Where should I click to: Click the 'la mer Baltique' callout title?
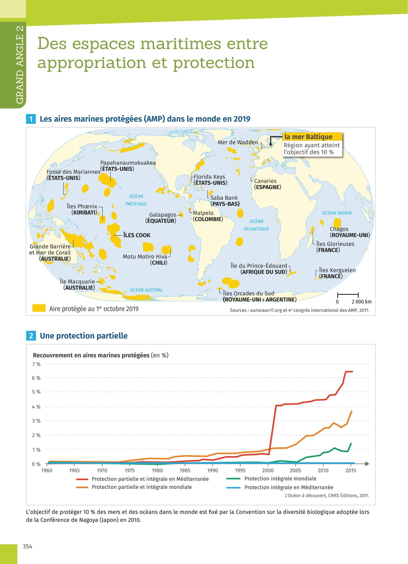pos(308,137)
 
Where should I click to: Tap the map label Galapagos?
pos(163,215)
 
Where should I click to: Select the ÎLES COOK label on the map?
pos(137,235)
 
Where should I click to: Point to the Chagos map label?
pos(339,229)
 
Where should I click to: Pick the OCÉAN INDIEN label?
pos(337,213)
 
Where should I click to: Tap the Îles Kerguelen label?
pos(337,270)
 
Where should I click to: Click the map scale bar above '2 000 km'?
pos(348,295)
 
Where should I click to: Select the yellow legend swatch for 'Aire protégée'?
pos(39,308)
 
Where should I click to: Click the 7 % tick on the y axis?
pos(36,364)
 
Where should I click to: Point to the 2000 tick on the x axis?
pos(268,471)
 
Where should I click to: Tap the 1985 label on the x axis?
pos(185,471)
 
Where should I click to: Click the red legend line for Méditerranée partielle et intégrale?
pos(82,479)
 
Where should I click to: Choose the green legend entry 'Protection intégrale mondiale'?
pos(280,479)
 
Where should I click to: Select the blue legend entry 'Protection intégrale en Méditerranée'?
pos(289,487)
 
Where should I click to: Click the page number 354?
pos(28,547)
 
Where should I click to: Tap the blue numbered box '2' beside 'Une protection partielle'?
pos(31,336)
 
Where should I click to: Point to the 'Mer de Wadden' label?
pos(238,142)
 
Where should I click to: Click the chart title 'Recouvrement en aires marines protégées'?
pos(91,355)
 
